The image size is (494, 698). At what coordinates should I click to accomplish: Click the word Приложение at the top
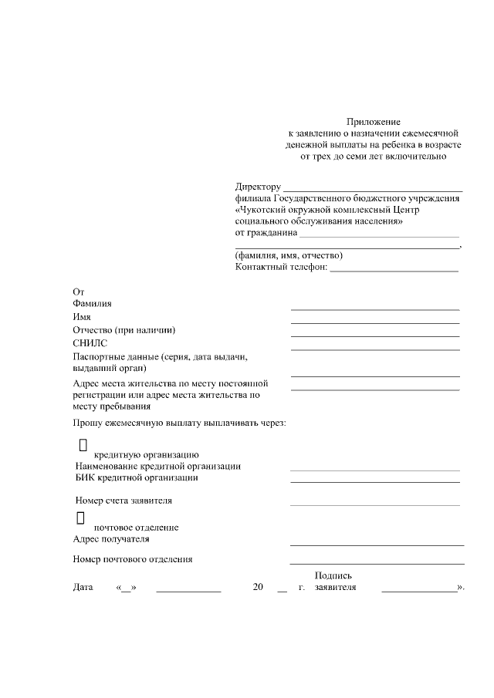click(373, 122)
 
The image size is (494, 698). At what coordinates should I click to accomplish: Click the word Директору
click(259, 187)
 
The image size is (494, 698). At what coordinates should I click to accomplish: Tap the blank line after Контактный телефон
click(394, 270)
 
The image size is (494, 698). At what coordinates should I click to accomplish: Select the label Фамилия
click(92, 304)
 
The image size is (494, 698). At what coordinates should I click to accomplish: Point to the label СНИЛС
click(90, 343)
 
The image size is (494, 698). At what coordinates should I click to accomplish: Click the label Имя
click(82, 317)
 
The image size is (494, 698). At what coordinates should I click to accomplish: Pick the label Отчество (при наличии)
click(124, 330)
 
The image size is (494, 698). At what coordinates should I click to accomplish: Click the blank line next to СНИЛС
click(375, 349)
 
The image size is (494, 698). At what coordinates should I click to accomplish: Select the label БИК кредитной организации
click(137, 477)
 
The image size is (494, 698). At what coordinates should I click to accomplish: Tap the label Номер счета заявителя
click(123, 501)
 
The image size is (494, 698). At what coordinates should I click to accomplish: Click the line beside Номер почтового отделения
click(377, 564)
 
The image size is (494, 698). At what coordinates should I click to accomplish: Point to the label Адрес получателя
click(111, 539)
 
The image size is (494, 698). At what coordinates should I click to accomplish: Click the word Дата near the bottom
click(83, 588)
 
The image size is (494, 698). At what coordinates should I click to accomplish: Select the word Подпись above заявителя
click(333, 575)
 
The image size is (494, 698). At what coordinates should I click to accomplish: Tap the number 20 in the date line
click(259, 588)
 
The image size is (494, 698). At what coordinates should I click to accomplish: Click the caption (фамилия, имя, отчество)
click(289, 255)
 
